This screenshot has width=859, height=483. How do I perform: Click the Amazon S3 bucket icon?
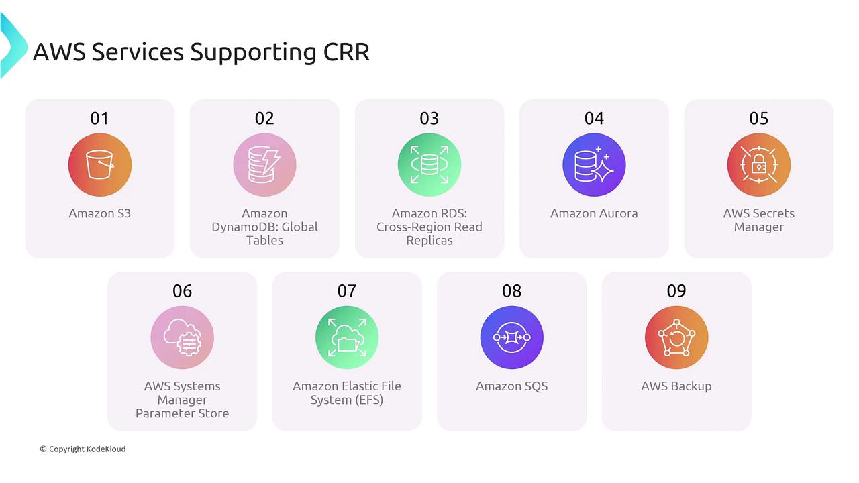click(100, 165)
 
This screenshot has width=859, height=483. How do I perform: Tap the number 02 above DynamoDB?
click(264, 119)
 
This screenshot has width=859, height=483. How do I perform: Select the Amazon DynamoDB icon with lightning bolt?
click(264, 165)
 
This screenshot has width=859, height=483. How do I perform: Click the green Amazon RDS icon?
click(429, 165)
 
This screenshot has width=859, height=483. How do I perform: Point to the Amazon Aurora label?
click(594, 213)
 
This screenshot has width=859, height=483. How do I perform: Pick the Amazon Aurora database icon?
click(594, 165)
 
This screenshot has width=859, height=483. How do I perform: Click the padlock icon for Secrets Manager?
click(759, 165)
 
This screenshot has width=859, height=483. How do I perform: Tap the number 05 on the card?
click(758, 119)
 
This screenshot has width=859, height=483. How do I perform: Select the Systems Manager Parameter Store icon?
click(182, 337)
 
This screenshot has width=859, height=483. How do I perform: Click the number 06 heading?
click(182, 291)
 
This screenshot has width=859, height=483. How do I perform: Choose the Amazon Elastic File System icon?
click(347, 337)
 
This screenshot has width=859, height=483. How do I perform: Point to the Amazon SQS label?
click(511, 386)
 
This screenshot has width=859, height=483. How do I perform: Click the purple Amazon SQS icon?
click(511, 337)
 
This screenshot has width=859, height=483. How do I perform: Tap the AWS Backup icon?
click(676, 337)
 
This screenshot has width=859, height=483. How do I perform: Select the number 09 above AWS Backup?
click(676, 291)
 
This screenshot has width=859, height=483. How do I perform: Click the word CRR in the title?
click(346, 52)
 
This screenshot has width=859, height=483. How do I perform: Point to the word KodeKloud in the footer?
click(106, 449)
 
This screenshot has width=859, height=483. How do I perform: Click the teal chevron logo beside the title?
click(13, 45)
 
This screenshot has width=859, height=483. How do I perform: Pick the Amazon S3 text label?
click(100, 213)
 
